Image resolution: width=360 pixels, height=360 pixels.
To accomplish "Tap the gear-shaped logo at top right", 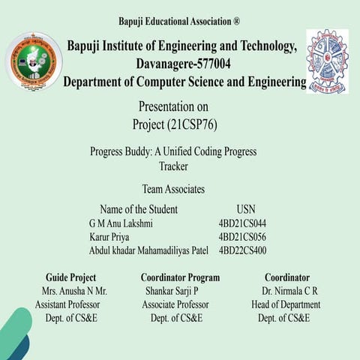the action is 327,61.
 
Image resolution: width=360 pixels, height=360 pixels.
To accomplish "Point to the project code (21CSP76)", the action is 196,123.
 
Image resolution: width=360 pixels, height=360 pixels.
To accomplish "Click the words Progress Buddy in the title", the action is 122,151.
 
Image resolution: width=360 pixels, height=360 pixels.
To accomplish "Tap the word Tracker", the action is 174,166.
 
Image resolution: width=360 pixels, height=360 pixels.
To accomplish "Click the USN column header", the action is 246,209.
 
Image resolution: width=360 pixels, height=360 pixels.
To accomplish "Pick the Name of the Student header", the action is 139,209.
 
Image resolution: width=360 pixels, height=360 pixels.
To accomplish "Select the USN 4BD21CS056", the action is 242,237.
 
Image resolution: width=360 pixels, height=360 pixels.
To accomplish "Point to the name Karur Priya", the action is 109,237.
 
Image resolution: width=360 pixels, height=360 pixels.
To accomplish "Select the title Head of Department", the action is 286,304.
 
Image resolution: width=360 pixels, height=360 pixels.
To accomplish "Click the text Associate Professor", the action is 175,304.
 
